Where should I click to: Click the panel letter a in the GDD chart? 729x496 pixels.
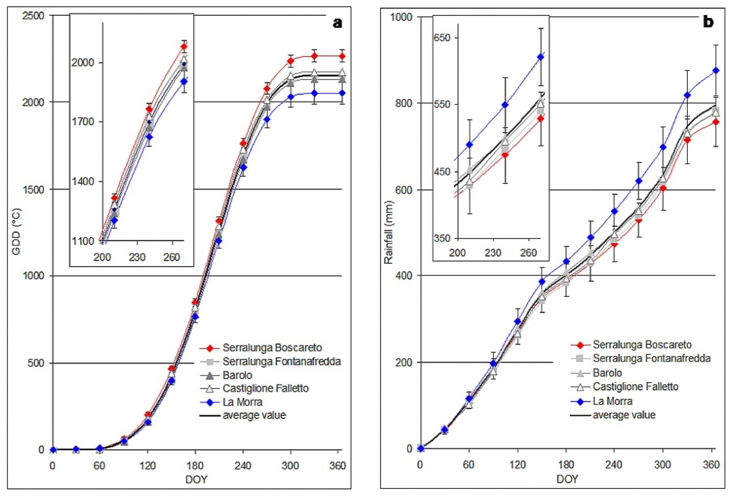[337, 23]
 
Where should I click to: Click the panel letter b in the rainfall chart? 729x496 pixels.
[708, 22]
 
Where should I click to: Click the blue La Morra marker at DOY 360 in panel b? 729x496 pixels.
[716, 70]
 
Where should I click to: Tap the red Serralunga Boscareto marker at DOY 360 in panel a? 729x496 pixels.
[342, 56]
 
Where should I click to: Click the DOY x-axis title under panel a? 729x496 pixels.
[196, 479]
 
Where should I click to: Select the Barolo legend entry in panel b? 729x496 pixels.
[607, 373]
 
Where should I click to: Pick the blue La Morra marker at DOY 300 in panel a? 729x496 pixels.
[291, 97]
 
